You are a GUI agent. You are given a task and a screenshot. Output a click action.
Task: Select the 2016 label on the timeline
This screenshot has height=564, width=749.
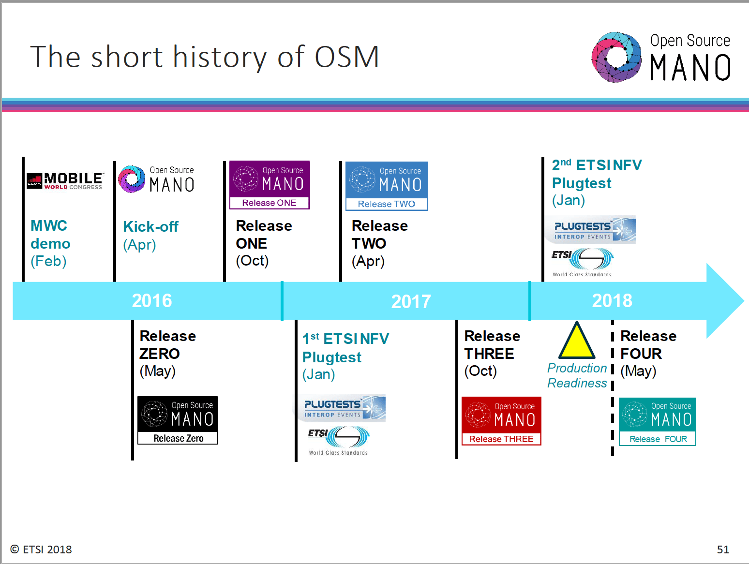click(152, 301)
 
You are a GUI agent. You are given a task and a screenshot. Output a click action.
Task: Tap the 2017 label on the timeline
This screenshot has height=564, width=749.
click(411, 302)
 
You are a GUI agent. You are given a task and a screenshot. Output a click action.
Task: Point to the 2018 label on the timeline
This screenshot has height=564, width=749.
click(612, 301)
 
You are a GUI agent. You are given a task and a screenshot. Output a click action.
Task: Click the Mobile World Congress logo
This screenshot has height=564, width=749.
click(65, 181)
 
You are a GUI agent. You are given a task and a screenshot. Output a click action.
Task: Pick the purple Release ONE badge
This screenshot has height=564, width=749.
click(270, 185)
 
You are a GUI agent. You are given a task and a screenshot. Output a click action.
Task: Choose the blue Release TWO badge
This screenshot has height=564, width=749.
click(387, 186)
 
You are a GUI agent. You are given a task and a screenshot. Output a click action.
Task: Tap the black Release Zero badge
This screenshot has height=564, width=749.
click(178, 420)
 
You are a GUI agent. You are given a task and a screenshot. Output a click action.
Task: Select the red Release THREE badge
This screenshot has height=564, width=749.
click(501, 421)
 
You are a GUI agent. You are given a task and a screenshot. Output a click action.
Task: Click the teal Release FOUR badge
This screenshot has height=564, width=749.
click(657, 421)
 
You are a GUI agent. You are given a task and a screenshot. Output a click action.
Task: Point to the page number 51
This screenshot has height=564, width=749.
click(723, 549)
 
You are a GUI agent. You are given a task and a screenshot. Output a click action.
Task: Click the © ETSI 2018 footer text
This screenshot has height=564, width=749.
click(41, 549)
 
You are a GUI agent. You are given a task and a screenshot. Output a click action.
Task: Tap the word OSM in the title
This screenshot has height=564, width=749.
click(346, 57)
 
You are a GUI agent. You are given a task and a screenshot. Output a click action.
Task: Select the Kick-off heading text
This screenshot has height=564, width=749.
click(150, 226)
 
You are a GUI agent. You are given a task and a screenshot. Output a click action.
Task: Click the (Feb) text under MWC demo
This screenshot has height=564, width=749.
click(48, 261)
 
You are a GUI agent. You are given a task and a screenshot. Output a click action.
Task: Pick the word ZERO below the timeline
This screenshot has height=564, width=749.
click(160, 354)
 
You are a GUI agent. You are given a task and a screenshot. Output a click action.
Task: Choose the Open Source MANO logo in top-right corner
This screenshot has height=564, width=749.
click(660, 57)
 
